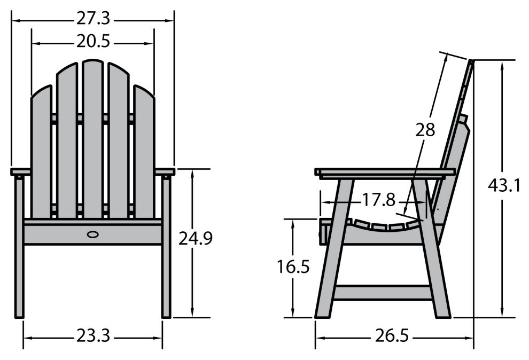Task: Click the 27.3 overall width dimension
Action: (x=93, y=19)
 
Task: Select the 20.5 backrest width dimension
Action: (x=93, y=42)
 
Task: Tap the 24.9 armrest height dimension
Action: (x=196, y=239)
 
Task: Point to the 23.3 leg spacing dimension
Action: (x=93, y=336)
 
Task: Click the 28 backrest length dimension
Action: (x=425, y=130)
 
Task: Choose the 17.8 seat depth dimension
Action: (x=378, y=200)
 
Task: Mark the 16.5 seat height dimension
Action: (x=293, y=267)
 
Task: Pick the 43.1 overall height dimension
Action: (x=504, y=185)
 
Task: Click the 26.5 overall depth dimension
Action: (x=392, y=336)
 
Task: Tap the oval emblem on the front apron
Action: (x=93, y=234)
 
